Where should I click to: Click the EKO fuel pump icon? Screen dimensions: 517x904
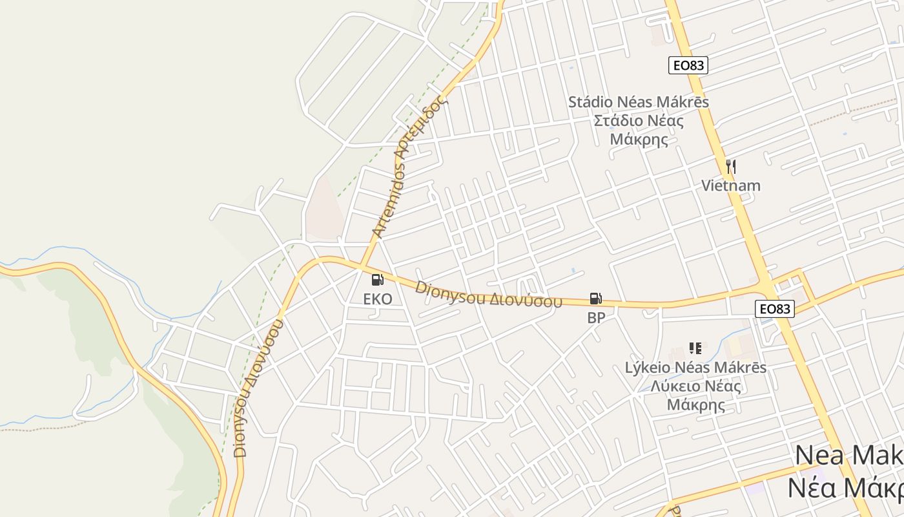pyautogui.click(x=378, y=280)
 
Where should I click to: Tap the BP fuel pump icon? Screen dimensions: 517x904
pyautogui.click(x=596, y=299)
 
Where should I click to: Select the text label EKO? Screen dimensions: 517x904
pyautogui.click(x=378, y=299)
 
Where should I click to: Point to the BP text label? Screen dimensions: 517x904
pyautogui.click(x=596, y=318)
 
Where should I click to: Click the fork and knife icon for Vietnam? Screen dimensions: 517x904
pyautogui.click(x=731, y=167)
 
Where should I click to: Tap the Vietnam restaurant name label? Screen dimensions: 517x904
pyautogui.click(x=731, y=186)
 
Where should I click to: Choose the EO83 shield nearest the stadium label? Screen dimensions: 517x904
pyautogui.click(x=688, y=65)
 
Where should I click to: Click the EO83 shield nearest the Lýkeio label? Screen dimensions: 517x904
pyautogui.click(x=775, y=309)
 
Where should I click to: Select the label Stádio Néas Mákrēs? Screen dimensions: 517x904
pyautogui.click(x=639, y=102)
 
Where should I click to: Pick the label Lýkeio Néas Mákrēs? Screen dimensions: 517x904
pyautogui.click(x=695, y=368)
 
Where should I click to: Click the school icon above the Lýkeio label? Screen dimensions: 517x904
pyautogui.click(x=695, y=348)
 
